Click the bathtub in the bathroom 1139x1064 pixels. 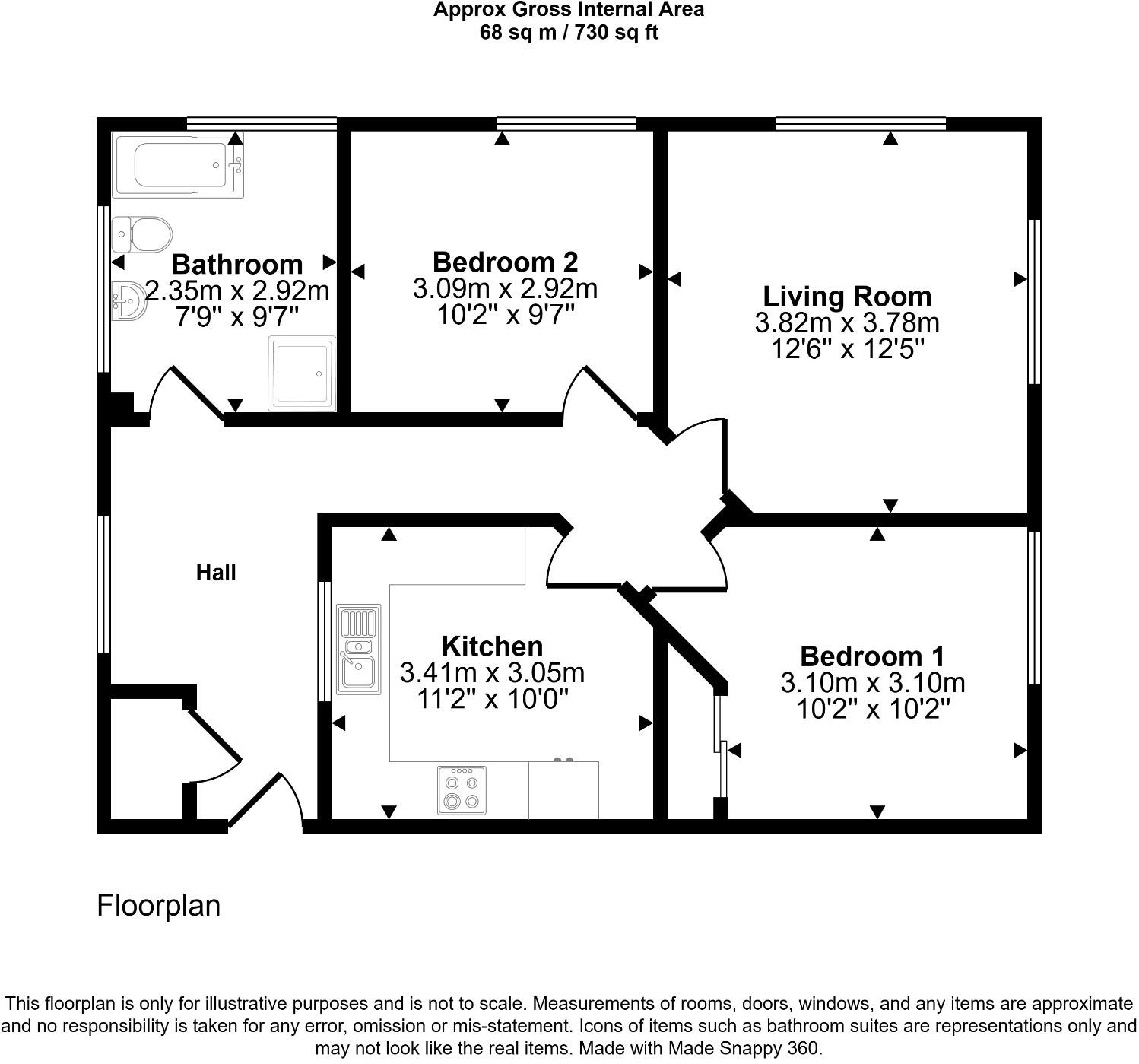coord(178,165)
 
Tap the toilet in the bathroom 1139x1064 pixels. coord(142,234)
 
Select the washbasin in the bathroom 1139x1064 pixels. coord(128,301)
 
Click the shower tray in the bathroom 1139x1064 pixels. coord(302,373)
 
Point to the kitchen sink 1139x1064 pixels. coord(359,650)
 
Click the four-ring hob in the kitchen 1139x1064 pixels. coord(462,791)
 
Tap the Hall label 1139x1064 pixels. coord(216,573)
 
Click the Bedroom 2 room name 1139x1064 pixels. coord(505,262)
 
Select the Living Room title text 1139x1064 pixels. coord(847,296)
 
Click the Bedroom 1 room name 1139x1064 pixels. coord(872,656)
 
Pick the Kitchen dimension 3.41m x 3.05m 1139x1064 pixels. coord(492,672)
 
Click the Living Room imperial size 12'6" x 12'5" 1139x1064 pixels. coord(847,349)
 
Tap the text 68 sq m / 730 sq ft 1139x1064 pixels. coord(569,33)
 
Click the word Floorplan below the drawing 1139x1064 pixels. coord(158,905)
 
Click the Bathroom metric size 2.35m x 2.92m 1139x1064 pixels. coord(237,291)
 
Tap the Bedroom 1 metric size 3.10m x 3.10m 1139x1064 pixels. coord(873,682)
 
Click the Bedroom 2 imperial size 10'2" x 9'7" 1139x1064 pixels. coord(505,314)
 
